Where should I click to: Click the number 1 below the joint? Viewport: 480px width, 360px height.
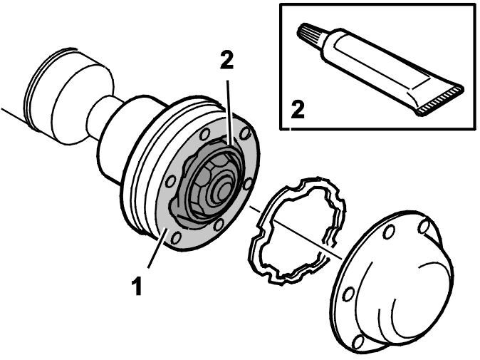(x=137, y=286)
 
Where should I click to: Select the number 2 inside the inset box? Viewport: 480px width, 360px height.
(x=298, y=110)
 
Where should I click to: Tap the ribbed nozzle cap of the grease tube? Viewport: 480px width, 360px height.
(x=310, y=35)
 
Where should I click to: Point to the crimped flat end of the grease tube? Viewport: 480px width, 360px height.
(x=441, y=100)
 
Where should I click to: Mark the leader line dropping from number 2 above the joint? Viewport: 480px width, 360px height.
(x=229, y=113)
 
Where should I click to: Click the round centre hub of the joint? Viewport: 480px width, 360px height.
(x=224, y=190)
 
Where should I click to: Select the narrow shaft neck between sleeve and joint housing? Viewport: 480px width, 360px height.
(x=100, y=118)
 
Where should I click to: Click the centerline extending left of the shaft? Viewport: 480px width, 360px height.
(x=13, y=114)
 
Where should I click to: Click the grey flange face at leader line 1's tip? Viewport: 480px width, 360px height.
(x=165, y=230)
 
